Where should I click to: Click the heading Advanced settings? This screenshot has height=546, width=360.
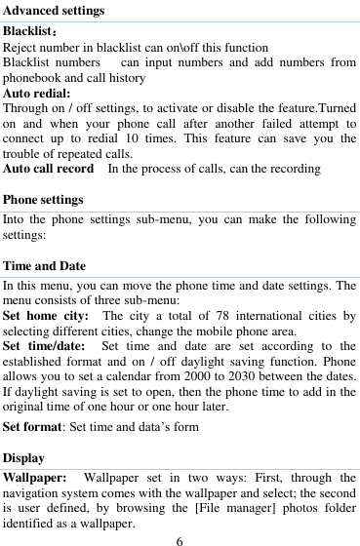(54, 11)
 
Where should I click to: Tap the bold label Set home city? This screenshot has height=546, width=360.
(46, 316)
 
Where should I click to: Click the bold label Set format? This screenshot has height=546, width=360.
(32, 426)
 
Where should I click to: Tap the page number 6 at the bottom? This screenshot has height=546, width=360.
(180, 539)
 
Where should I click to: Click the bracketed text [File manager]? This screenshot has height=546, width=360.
(231, 507)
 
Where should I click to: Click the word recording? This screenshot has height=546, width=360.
(292, 169)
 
